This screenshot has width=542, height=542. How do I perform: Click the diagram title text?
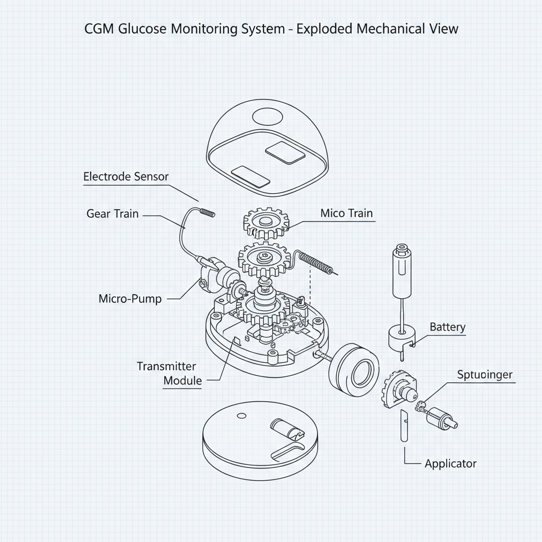[271, 29]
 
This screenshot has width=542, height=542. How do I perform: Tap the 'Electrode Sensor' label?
[126, 177]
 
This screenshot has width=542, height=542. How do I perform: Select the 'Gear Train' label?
[112, 214]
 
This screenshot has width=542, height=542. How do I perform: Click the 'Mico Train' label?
[346, 213]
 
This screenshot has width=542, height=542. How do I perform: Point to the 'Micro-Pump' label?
[130, 299]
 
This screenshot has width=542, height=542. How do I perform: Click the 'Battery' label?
[447, 327]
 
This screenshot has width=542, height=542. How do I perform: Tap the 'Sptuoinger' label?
[484, 375]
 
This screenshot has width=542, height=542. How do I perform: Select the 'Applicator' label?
[450, 464]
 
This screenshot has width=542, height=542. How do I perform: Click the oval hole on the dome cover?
[268, 116]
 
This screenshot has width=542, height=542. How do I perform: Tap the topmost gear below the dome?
[267, 222]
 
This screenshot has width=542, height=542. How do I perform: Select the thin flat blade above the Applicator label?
[403, 426]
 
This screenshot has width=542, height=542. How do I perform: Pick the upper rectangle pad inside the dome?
[285, 152]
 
